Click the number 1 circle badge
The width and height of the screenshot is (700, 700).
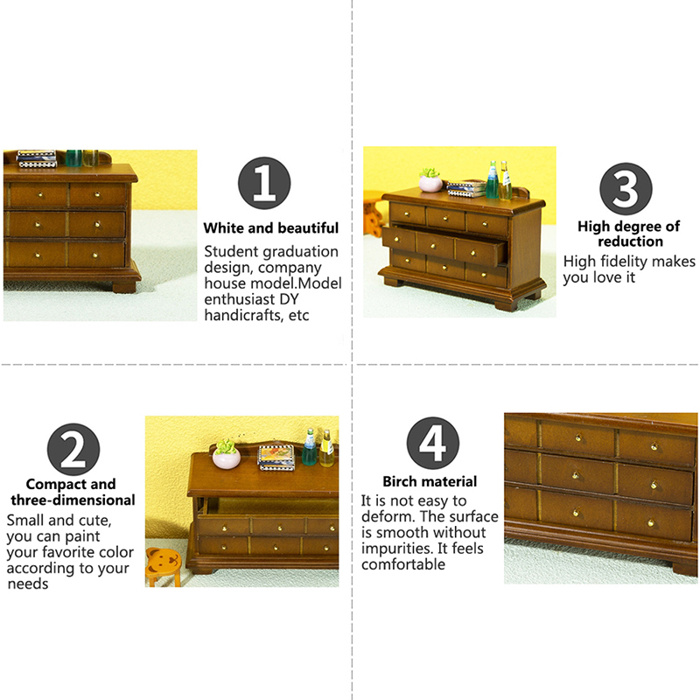[264, 183]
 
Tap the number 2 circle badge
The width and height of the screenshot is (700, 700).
[73, 450]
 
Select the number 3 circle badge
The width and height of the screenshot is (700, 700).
[626, 188]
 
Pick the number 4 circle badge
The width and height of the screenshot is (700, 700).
[433, 444]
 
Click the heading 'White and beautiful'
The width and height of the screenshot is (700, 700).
[271, 228]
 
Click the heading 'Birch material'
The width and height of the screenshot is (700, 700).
[430, 482]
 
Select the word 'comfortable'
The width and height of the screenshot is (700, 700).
[403, 564]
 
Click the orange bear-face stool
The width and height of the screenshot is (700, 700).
[164, 567]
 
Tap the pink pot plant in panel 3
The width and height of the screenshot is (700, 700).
[430, 180]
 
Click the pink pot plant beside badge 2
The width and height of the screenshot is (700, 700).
[227, 454]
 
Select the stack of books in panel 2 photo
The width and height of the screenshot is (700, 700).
[276, 458]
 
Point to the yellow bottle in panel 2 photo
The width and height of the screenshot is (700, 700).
[326, 449]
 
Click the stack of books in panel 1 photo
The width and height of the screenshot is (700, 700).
[37, 159]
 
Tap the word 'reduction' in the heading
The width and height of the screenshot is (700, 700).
[630, 241]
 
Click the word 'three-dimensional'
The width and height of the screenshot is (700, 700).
[73, 500]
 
